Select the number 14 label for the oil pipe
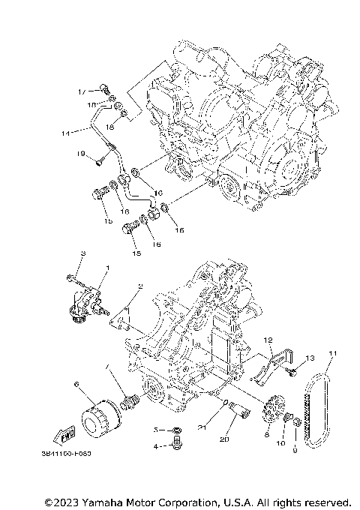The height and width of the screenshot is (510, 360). coord(65,133)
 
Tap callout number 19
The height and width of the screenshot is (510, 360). coord(79,154)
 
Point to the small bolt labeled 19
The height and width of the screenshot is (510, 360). coord(99,159)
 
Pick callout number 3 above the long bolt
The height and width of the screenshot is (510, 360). coord(83,253)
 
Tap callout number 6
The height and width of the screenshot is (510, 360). coord(76,384)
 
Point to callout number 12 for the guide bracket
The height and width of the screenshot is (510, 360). coord(265,340)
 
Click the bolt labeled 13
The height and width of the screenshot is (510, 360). coord(295,367)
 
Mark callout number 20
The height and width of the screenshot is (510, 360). coord(224,439)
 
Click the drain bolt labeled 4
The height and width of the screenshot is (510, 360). coord(176,445)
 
